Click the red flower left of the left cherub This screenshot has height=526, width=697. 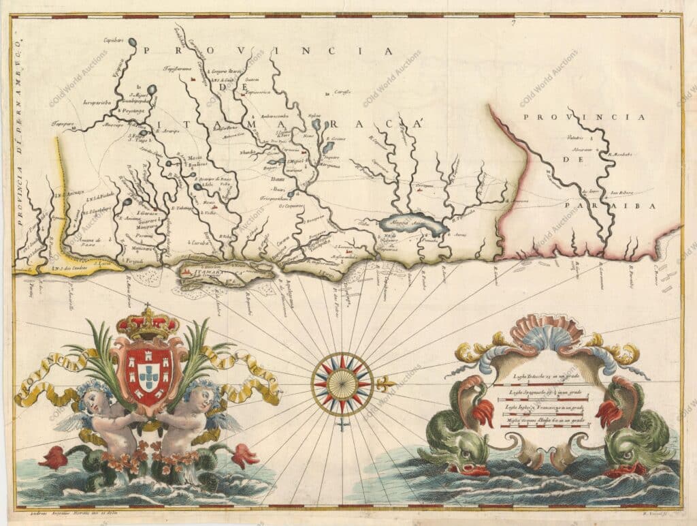[53, 457]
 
